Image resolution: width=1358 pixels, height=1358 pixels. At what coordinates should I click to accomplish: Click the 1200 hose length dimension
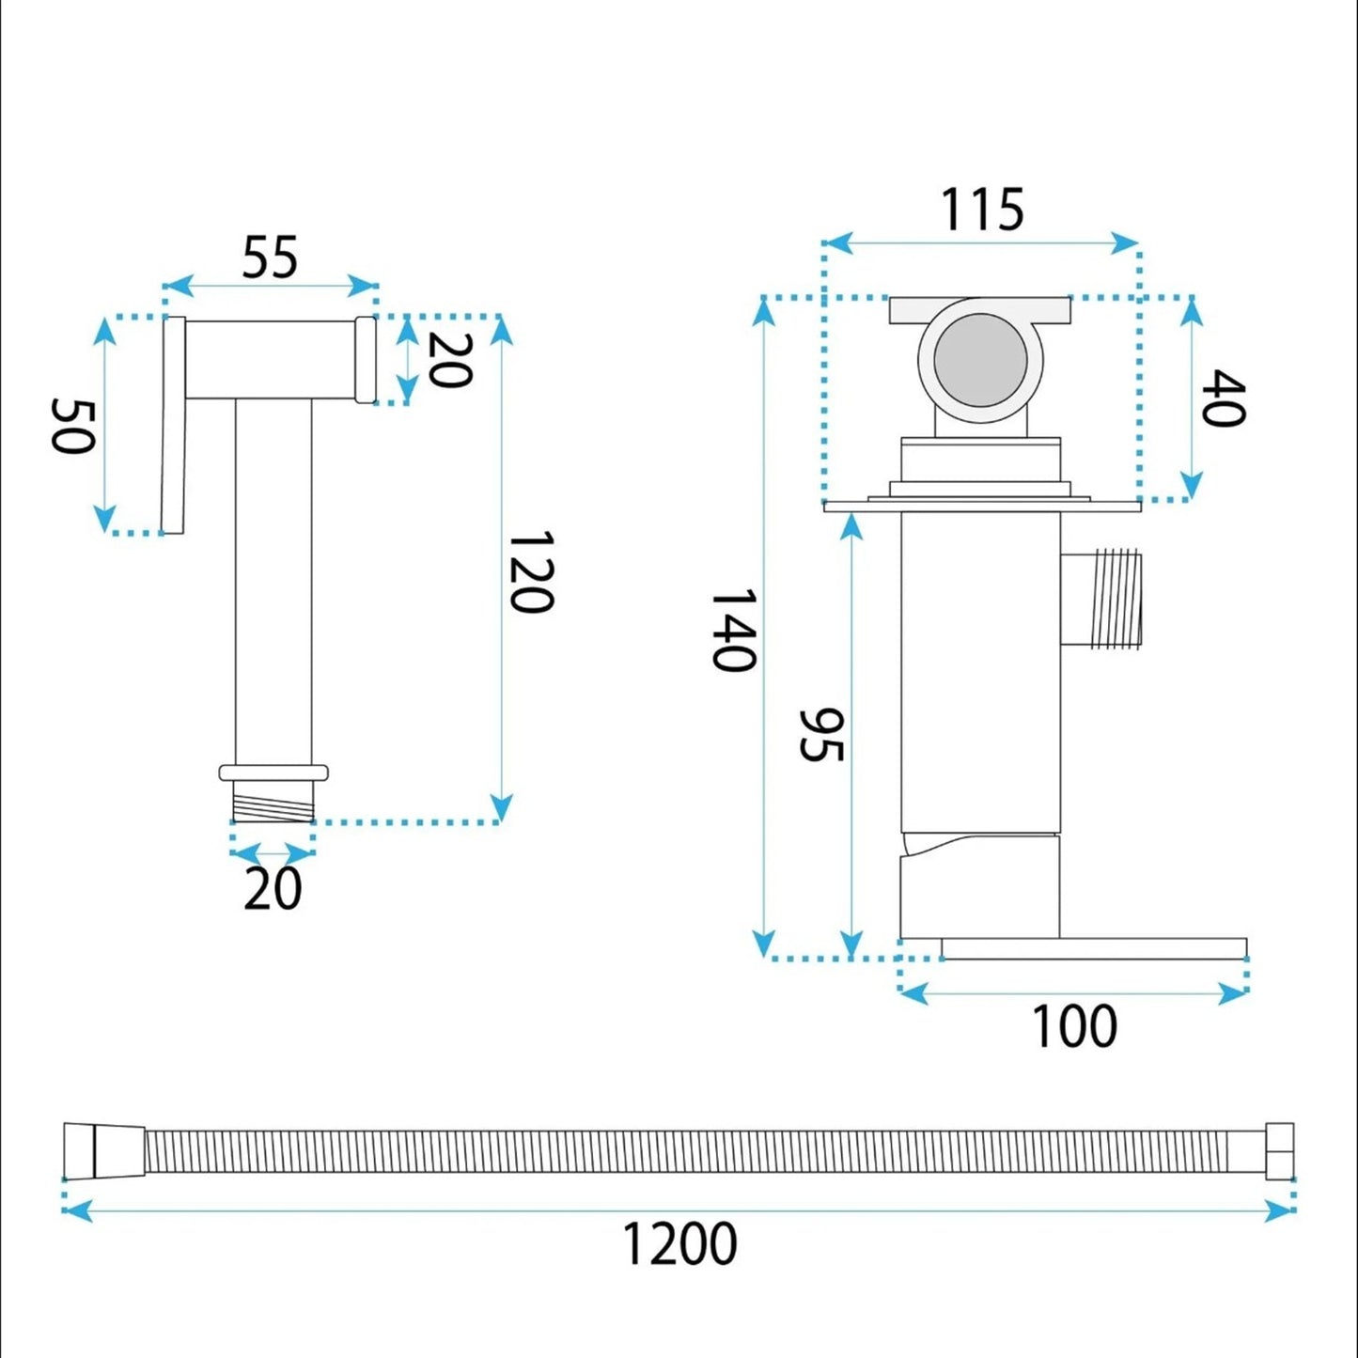(x=680, y=1244)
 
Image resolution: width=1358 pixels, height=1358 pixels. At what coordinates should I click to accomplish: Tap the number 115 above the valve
(x=982, y=210)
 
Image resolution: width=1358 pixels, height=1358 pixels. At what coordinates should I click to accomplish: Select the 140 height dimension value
(x=734, y=630)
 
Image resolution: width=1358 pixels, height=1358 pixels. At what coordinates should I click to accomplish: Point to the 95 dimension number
(x=821, y=735)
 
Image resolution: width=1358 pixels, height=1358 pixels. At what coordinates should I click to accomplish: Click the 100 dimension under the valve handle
(x=1074, y=1027)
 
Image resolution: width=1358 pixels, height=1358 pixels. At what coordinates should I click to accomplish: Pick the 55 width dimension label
(x=270, y=258)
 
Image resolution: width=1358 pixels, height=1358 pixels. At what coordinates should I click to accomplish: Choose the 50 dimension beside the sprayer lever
(x=71, y=427)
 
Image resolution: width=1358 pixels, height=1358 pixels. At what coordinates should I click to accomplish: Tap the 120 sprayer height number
(x=531, y=572)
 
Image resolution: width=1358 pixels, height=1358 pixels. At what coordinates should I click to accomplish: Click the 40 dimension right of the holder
(x=1223, y=398)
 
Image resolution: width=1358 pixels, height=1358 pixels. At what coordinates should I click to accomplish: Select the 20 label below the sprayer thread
(x=273, y=889)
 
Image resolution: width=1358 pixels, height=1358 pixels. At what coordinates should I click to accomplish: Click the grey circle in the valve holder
(x=980, y=361)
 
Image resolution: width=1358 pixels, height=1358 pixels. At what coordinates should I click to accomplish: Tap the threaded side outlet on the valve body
(x=1100, y=599)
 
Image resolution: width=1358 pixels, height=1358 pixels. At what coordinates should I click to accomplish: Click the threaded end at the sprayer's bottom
(x=273, y=802)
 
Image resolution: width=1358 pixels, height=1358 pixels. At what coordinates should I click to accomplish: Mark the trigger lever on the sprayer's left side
(x=173, y=425)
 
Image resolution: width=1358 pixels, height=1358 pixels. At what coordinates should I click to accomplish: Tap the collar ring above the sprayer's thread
(x=273, y=773)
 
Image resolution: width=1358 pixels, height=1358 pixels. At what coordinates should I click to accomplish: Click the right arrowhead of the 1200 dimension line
(x=1280, y=1212)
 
